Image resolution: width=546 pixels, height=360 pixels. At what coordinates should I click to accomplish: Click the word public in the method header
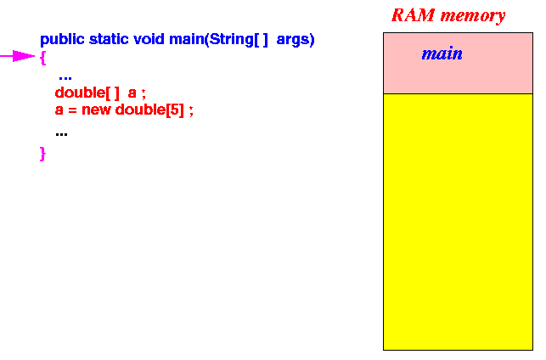tap(62, 39)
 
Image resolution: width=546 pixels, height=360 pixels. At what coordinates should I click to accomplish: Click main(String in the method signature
tap(211, 39)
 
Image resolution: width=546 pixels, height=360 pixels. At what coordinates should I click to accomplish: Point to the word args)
tap(296, 40)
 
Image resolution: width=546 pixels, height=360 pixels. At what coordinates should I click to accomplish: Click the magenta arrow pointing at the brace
tap(18, 56)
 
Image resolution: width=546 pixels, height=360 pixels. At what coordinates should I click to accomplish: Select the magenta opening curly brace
tap(42, 58)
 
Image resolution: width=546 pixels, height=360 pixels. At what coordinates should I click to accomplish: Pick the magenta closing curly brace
tap(42, 154)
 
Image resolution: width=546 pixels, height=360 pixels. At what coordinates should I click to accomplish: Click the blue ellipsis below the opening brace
tap(65, 78)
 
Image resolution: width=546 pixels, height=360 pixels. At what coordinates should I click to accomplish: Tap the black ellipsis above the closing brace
tap(61, 134)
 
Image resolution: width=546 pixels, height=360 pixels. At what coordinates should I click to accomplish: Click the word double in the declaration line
tap(80, 93)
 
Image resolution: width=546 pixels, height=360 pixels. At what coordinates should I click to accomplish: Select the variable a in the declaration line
tap(132, 93)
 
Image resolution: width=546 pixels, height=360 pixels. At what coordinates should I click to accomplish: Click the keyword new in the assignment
tap(96, 110)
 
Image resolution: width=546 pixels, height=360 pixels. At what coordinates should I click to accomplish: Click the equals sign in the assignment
tap(72, 110)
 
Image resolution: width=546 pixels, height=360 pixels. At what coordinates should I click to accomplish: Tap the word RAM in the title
tap(413, 15)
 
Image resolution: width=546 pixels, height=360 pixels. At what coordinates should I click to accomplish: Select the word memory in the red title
tap(472, 16)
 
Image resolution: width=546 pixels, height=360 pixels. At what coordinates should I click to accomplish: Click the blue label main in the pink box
tap(442, 54)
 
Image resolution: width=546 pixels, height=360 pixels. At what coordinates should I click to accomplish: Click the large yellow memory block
tap(458, 222)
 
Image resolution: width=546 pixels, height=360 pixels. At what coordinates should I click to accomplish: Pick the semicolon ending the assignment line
tap(191, 111)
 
